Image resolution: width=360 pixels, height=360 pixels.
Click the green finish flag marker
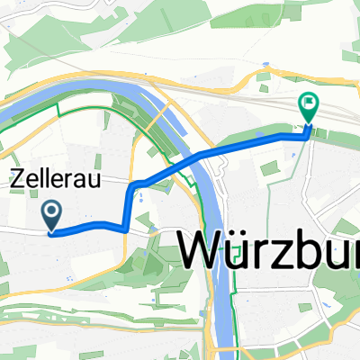pos(308,109)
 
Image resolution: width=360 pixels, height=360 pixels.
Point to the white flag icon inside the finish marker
pos(308,104)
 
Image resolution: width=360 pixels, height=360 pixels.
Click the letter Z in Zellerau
pos(18,179)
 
